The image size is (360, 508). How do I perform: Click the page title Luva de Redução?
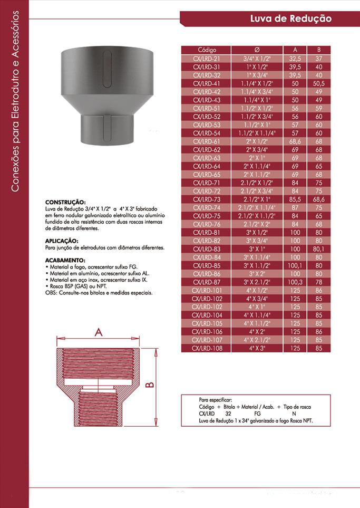click(290, 18)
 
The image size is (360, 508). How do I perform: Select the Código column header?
click(207, 50)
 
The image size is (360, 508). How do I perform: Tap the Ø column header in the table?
click(257, 50)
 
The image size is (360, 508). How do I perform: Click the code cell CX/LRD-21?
click(207, 59)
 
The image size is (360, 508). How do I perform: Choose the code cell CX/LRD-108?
click(207, 348)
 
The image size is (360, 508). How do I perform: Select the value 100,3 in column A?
click(295, 282)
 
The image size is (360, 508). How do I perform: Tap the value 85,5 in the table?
click(295, 199)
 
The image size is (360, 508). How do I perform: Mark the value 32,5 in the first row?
click(295, 59)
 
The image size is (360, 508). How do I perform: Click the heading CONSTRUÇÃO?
click(65, 202)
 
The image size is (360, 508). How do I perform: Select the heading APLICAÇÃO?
click(64, 241)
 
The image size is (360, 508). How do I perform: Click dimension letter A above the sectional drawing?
click(98, 332)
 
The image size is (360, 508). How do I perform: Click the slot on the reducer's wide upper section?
click(108, 65)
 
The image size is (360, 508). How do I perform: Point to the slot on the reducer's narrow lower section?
click(108, 129)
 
